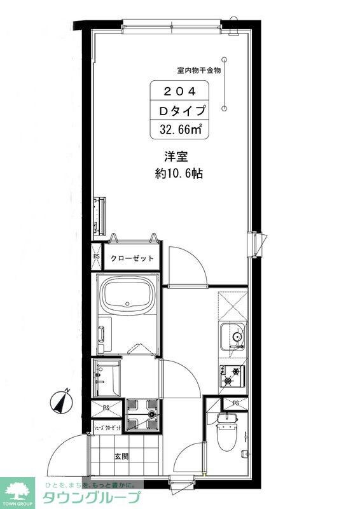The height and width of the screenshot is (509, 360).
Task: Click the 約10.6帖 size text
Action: pyautogui.click(x=179, y=173)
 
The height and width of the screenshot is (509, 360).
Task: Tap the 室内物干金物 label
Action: pyautogui.click(x=198, y=71)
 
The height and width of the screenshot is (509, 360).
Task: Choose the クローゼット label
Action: pyautogui.click(x=132, y=258)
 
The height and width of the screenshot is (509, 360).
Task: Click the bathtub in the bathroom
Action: pyautogui.click(x=128, y=297)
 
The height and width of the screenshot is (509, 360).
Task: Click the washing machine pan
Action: pyautogui.click(x=141, y=412)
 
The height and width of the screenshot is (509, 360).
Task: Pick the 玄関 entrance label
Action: pyautogui.click(x=121, y=456)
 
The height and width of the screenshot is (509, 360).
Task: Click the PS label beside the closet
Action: pyautogui.click(x=97, y=257)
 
